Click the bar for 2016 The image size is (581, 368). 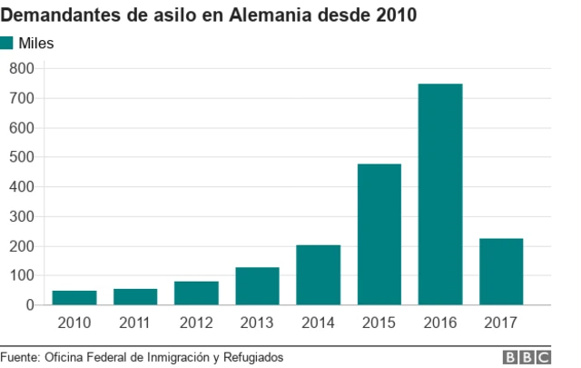click(440, 194)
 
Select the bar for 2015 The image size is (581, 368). click(379, 234)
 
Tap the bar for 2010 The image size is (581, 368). click(74, 297)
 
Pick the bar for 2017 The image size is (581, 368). click(501, 272)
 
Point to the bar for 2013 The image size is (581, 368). click(257, 286)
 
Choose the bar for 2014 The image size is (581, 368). click(318, 274)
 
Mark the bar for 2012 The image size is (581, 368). click(196, 293)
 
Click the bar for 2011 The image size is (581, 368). click(135, 296)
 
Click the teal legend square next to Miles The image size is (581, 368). click(8, 43)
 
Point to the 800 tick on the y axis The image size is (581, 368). click(22, 68)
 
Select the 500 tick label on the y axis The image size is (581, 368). click(22, 157)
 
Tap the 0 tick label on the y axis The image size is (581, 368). click(29, 305)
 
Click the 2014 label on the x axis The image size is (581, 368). click(318, 323)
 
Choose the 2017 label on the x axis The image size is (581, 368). click(501, 323)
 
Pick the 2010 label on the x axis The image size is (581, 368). click(74, 323)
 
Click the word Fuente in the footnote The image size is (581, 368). click(20, 357)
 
